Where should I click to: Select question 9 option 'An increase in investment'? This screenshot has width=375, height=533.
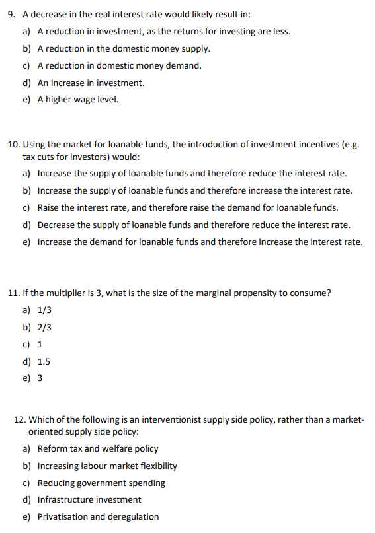(x=91, y=83)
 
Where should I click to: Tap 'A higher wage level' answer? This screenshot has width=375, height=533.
(x=77, y=100)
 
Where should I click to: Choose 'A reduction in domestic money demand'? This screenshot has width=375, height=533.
(x=119, y=65)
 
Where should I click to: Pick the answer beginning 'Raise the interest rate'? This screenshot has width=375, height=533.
(x=187, y=207)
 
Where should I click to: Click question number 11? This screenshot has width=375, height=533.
(x=13, y=293)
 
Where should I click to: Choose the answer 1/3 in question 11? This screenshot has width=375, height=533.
(x=44, y=310)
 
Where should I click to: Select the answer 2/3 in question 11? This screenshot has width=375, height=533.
(x=44, y=327)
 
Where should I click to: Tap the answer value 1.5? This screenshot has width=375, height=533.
(x=44, y=361)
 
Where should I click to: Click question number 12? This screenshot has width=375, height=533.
(x=20, y=420)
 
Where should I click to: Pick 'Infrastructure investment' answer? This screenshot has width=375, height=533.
(x=89, y=499)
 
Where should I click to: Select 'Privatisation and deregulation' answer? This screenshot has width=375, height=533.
(x=98, y=516)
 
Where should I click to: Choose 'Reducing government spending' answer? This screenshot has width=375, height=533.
(x=101, y=483)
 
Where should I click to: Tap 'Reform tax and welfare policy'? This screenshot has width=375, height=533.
(x=98, y=448)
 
